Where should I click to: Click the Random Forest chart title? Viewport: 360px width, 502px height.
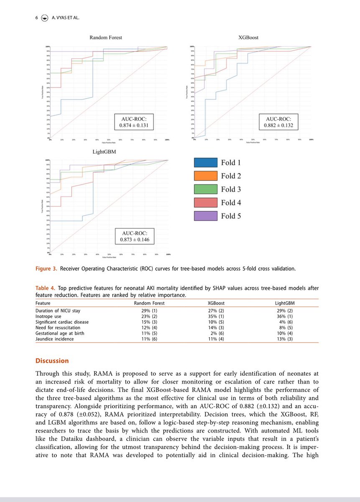click(106, 38)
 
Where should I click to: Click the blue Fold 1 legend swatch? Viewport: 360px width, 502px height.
click(206, 163)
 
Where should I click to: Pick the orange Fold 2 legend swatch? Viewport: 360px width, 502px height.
click(206, 176)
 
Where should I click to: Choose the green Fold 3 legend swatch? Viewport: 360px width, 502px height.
click(206, 190)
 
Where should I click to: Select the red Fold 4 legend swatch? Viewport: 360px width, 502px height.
click(206, 203)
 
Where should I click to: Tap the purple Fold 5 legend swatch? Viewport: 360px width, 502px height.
click(206, 216)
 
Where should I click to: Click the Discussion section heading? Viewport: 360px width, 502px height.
click(52, 361)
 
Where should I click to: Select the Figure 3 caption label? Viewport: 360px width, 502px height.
click(47, 269)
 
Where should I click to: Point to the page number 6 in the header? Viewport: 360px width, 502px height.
click(37, 18)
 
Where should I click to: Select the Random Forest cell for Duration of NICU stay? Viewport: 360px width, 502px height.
click(151, 311)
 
